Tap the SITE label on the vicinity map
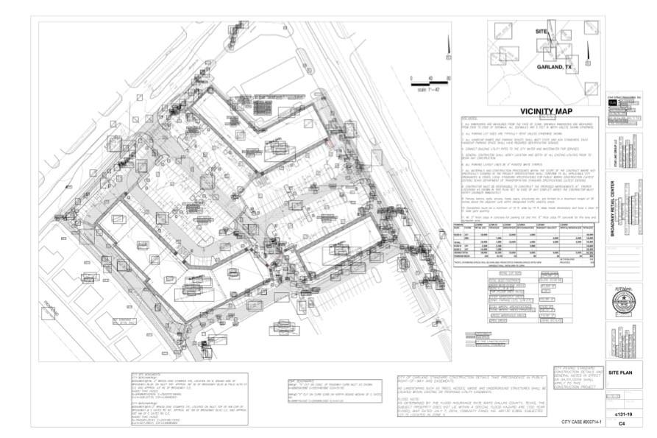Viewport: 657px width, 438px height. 541,32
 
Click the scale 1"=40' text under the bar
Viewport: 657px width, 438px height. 427,90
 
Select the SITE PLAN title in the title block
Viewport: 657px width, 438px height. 624,373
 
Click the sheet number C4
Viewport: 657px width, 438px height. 623,424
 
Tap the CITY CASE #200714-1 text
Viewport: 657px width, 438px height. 581,422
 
